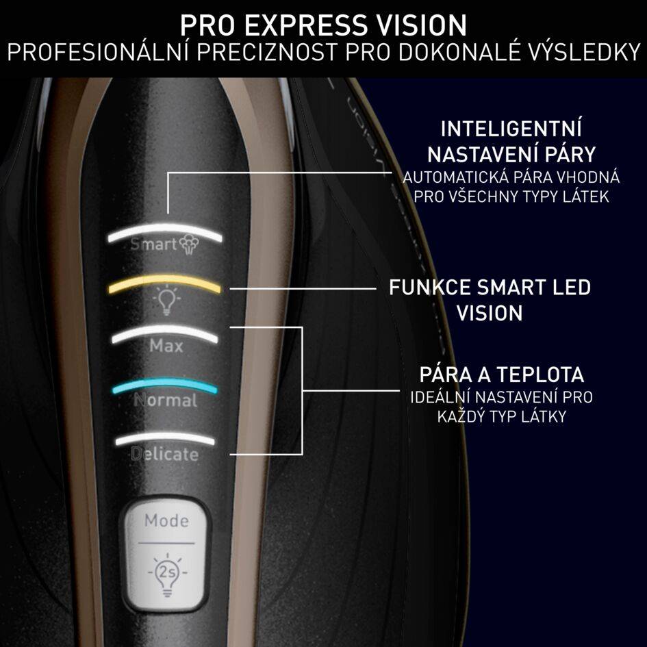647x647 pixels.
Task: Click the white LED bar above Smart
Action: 164,231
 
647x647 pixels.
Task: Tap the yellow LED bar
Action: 164,281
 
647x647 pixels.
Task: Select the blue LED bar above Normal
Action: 164,384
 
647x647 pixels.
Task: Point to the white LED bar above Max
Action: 164,333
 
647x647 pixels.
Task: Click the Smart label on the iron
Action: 153,244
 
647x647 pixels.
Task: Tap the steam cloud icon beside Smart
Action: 187,244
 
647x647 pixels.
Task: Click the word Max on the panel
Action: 166,346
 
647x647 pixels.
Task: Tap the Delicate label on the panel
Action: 164,455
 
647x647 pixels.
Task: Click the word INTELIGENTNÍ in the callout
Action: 511,129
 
